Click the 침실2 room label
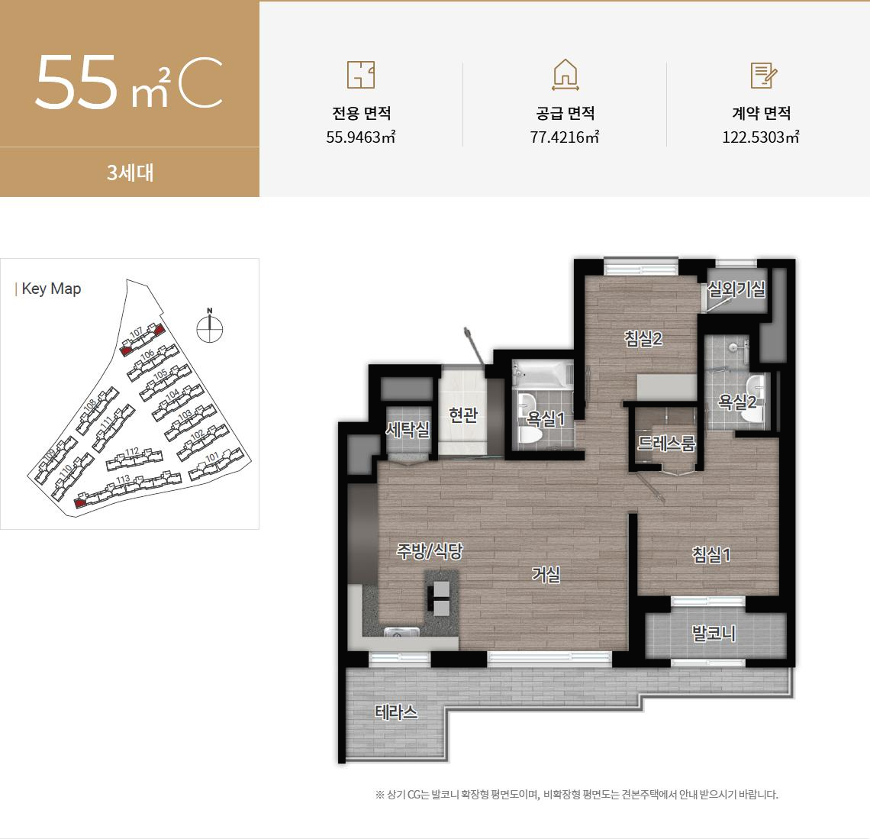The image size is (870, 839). pos(643,339)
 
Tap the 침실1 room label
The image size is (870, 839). pos(711,555)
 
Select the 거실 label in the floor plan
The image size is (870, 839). pos(546,574)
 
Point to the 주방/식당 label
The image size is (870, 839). pos(430,551)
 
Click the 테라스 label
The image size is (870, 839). pos(396,712)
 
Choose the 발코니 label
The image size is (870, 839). pos(714,633)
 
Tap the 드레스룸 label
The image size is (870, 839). pos(666,444)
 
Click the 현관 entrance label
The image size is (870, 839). pos(462,415)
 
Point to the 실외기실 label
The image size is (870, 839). pos(736,289)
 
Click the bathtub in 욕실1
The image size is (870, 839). pos(543,374)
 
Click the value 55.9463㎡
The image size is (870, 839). pos(361,138)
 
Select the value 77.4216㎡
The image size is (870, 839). pos(565,138)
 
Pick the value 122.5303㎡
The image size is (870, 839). pos(761,138)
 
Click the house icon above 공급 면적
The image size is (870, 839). pos(565,75)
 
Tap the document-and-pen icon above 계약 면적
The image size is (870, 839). pos(763,75)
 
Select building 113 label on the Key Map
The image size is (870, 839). pos(123,479)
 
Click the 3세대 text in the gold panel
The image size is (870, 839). pos(130,173)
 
